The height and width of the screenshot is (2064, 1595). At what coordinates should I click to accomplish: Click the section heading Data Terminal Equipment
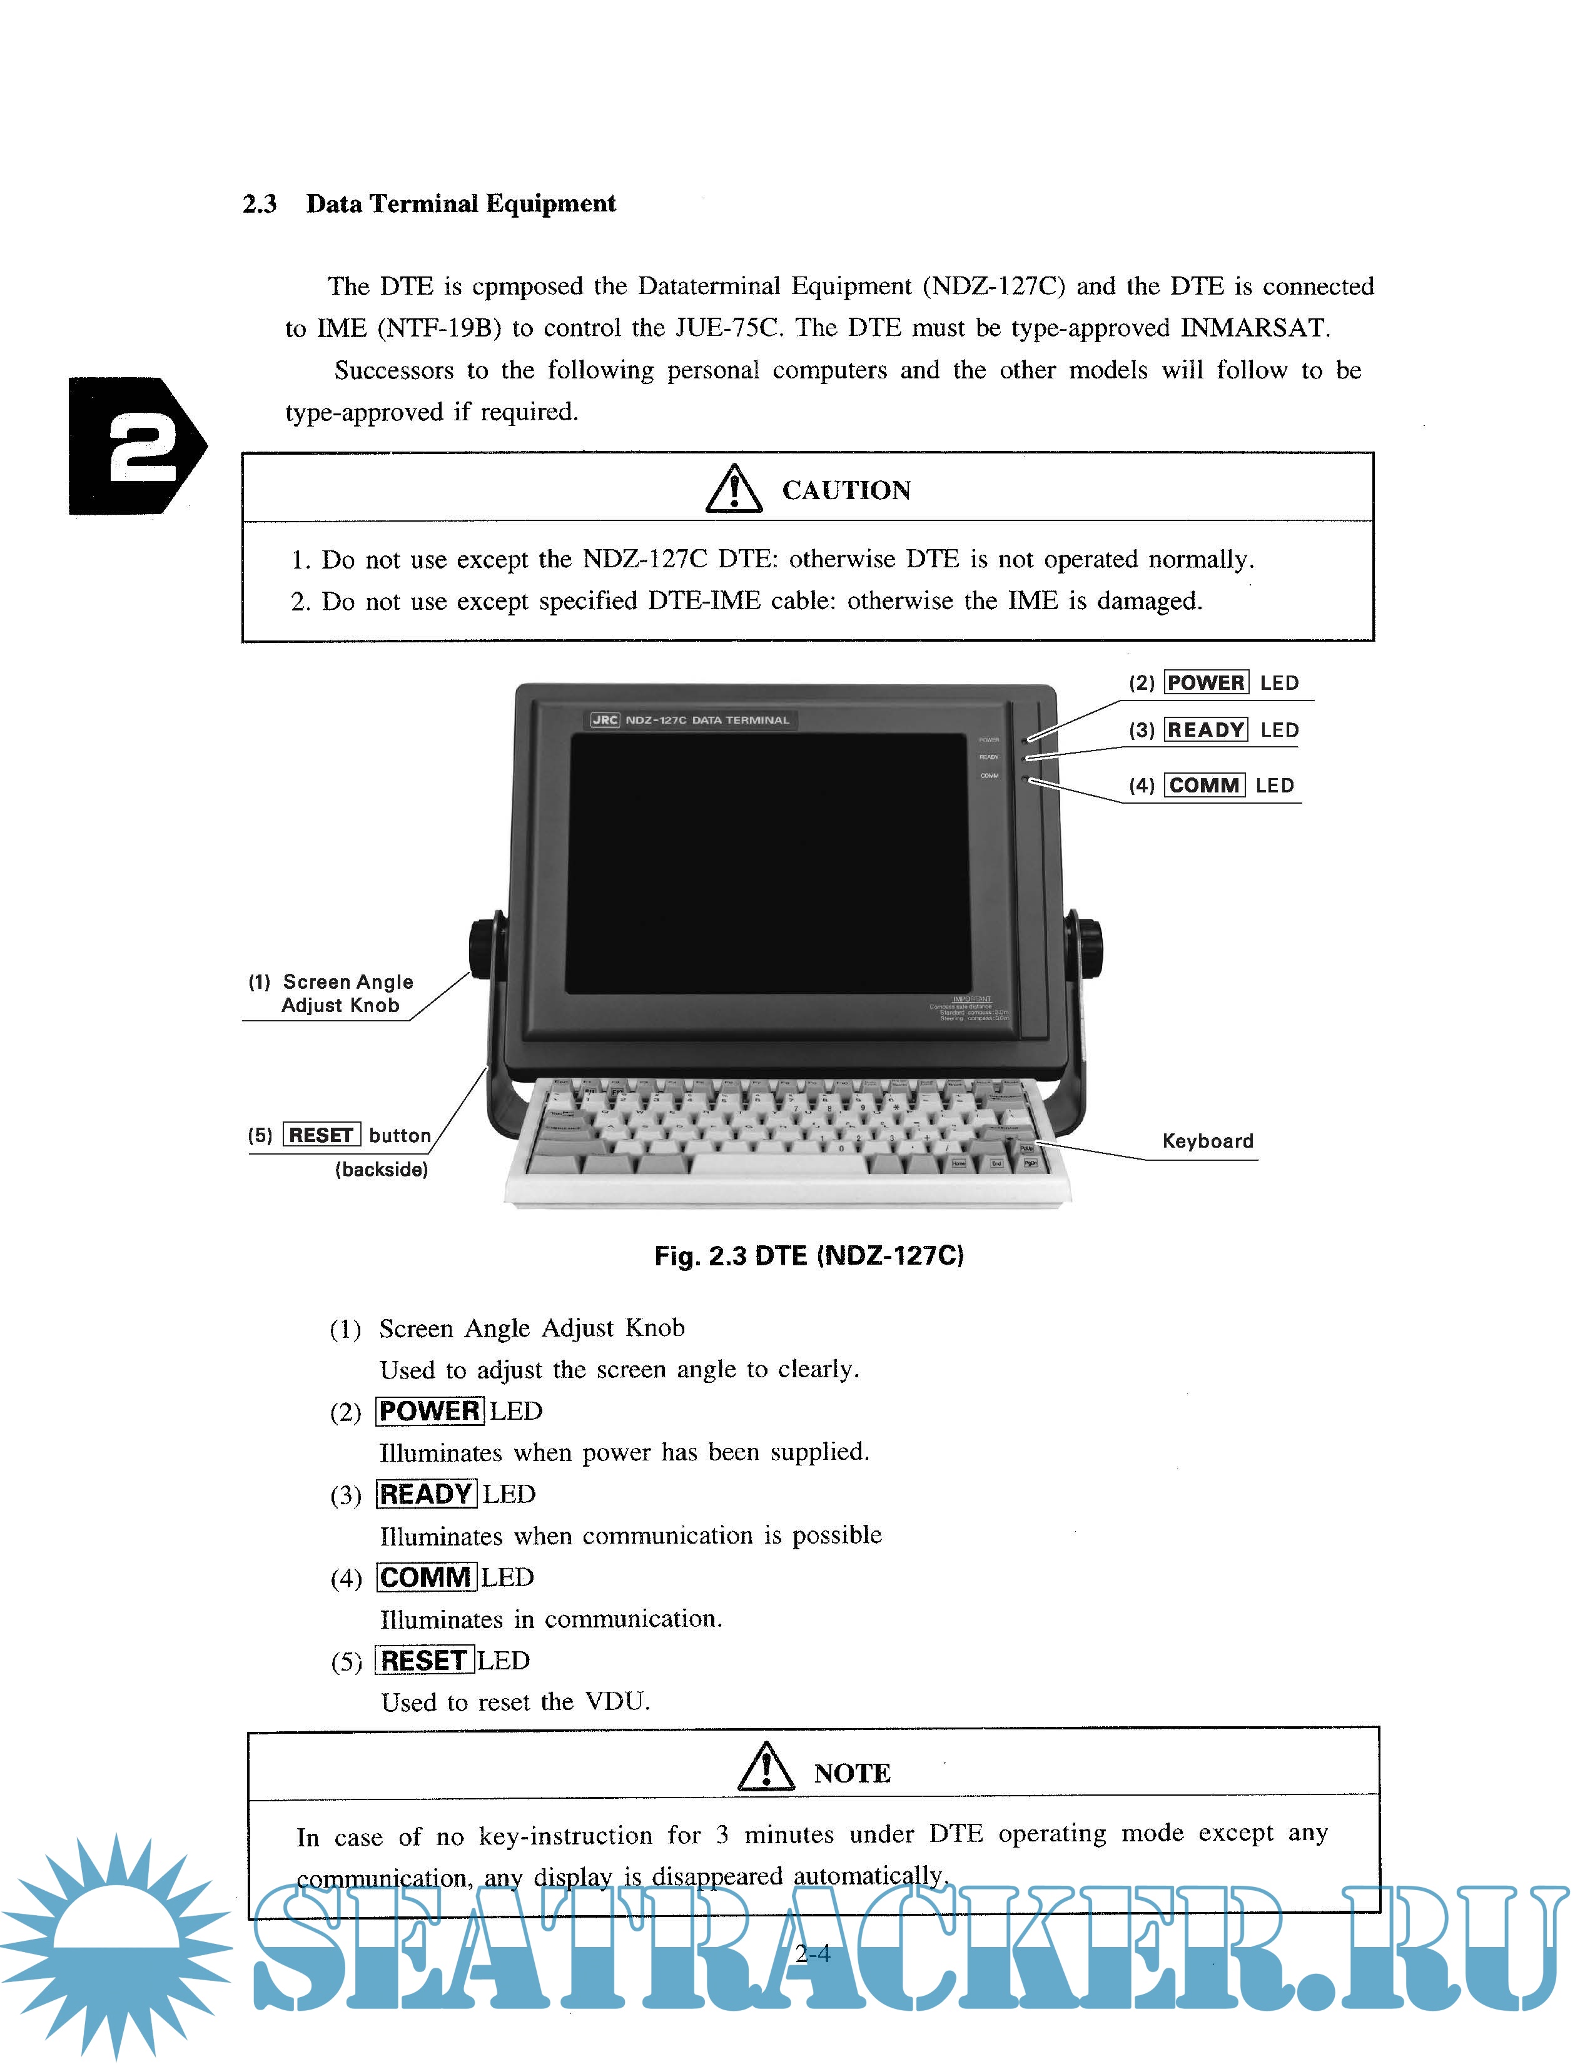[x=460, y=204]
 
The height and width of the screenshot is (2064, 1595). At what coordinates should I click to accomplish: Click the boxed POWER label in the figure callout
[x=1206, y=682]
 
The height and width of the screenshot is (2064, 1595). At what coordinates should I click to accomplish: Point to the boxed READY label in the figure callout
[x=1206, y=729]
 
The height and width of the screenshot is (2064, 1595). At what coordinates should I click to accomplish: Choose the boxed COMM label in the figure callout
[x=1204, y=786]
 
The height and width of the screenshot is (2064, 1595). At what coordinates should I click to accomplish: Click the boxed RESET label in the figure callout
[x=322, y=1135]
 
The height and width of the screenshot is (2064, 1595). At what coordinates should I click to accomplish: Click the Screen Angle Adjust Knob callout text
[x=344, y=993]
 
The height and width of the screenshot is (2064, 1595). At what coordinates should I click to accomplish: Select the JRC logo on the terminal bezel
[x=605, y=720]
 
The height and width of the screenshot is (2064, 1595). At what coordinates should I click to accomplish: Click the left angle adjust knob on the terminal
[x=484, y=946]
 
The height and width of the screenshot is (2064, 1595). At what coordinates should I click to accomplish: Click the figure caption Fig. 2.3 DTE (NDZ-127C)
[x=809, y=1256]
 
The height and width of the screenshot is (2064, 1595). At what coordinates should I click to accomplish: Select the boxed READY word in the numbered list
[x=426, y=1494]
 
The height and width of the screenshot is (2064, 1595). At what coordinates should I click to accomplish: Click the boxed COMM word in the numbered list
[x=425, y=1577]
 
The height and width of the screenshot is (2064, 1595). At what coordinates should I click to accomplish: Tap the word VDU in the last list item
[x=615, y=1701]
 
